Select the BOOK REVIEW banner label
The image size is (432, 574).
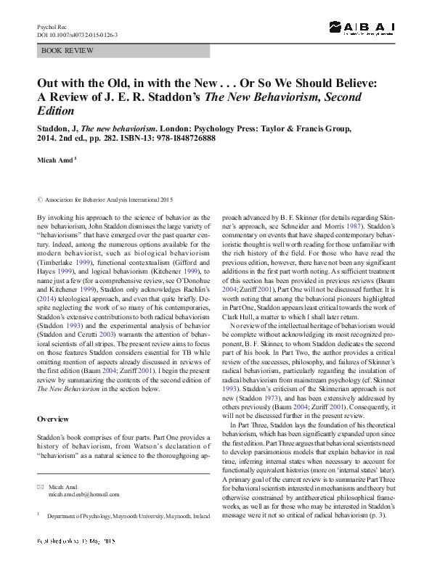pos(63,52)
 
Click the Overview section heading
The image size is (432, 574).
pos(54,419)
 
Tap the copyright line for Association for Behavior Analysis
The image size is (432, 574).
pos(108,198)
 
